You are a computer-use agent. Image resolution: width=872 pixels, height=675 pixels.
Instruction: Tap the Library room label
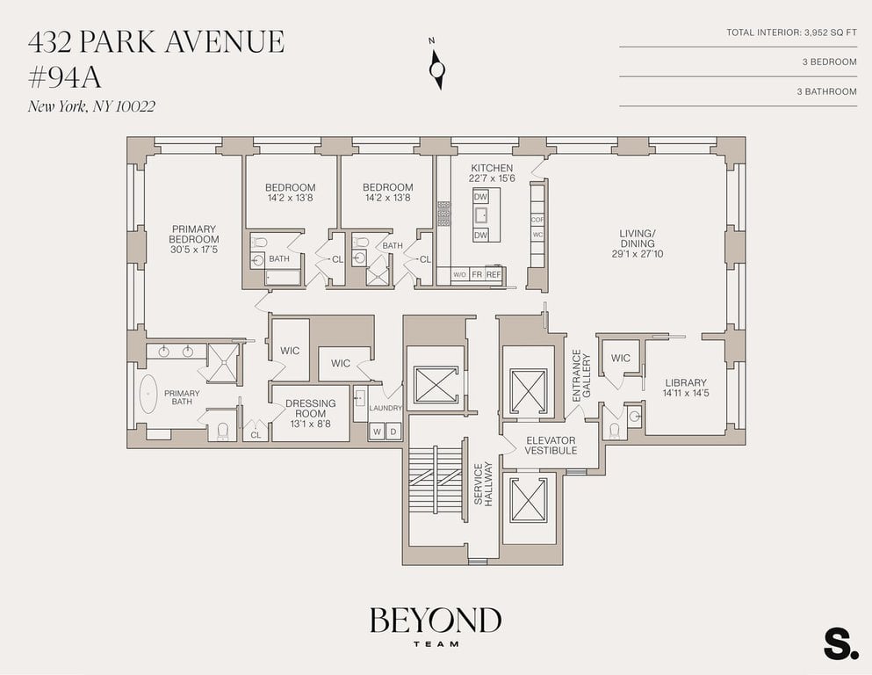click(686, 388)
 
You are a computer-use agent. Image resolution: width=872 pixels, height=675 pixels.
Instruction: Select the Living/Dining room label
click(638, 243)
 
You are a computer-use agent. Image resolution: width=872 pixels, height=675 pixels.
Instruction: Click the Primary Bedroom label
click(193, 239)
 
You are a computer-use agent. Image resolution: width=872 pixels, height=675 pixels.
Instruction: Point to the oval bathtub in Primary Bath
click(148, 394)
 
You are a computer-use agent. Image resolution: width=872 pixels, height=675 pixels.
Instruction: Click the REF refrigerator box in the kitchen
click(494, 274)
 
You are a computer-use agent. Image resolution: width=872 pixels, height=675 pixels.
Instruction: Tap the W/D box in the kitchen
click(459, 275)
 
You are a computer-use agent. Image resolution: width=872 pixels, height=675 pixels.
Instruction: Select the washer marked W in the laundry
click(377, 432)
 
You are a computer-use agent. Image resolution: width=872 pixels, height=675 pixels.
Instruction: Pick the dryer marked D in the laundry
click(393, 432)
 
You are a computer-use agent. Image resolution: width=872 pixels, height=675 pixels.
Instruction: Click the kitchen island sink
click(480, 214)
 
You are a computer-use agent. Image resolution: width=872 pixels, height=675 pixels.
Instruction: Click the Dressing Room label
click(310, 413)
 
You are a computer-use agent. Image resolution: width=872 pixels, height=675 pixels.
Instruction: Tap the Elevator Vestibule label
click(551, 446)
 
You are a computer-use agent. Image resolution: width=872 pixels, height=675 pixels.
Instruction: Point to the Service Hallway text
click(483, 483)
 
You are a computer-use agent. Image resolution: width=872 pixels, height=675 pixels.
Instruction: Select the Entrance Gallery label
click(581, 375)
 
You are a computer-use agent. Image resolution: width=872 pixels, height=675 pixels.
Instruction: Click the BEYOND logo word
click(436, 620)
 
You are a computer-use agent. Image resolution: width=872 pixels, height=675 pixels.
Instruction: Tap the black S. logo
click(841, 644)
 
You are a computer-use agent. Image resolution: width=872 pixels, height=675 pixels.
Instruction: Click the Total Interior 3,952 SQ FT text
click(791, 33)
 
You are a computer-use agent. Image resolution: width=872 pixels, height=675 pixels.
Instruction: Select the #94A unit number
click(64, 77)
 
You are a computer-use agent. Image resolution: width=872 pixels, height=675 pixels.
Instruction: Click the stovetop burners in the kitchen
click(443, 214)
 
